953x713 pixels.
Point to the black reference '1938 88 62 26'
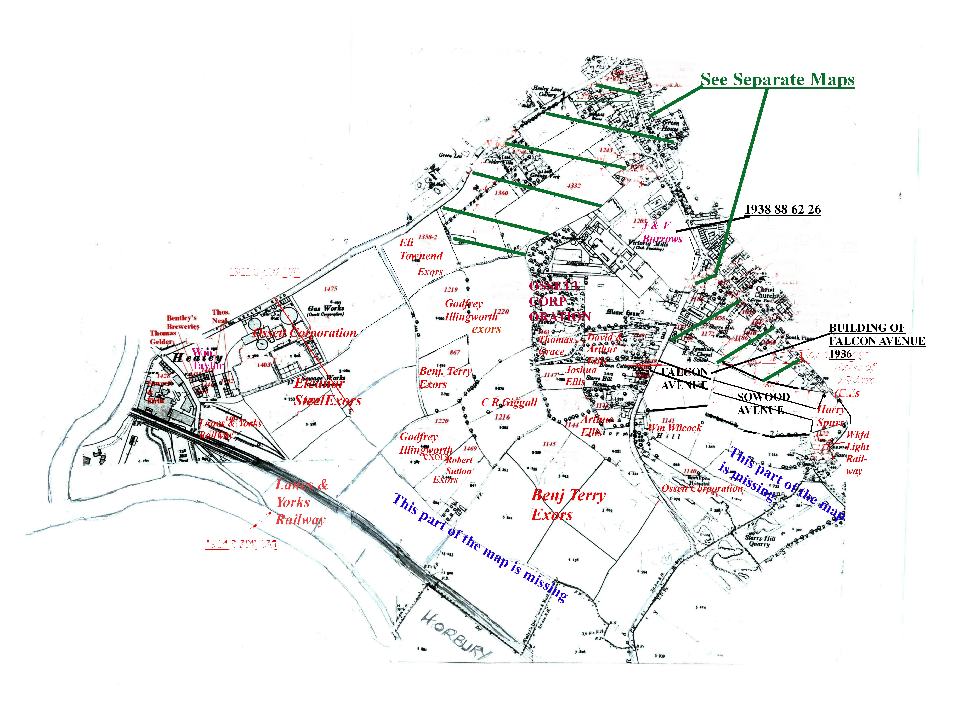tap(783, 210)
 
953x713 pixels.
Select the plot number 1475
tap(330, 288)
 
